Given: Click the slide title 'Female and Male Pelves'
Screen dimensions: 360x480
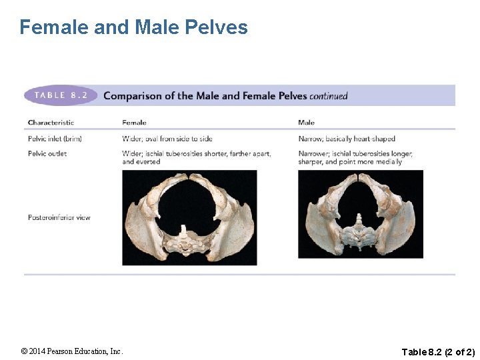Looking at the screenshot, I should tap(133, 27).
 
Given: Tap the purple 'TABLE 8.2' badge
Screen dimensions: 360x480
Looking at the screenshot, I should tap(61, 95).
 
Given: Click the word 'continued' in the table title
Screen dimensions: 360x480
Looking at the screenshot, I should tap(329, 96).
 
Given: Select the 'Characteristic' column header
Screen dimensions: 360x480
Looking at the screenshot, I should tap(51, 123).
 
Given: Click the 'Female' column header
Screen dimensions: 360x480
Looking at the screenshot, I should tap(134, 123).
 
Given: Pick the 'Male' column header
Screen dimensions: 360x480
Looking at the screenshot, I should tap(306, 123).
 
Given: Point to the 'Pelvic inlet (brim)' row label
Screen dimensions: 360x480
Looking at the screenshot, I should tap(55, 139).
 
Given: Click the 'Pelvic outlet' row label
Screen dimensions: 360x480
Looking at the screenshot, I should tap(47, 153).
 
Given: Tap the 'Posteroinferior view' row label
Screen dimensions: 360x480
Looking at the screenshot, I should tap(59, 217).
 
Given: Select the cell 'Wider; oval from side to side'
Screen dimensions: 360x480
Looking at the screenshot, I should tap(167, 139).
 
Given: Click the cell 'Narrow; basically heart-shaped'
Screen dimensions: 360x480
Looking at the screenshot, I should tap(347, 139).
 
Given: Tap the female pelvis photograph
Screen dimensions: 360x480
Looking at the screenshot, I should tap(189, 217).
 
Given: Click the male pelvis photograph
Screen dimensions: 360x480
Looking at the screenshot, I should tap(361, 214).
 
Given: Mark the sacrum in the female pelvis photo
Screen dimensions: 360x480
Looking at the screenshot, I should tap(185, 239).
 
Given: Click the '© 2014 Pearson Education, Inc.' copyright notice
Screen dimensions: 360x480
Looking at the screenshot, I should tap(72, 351).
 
